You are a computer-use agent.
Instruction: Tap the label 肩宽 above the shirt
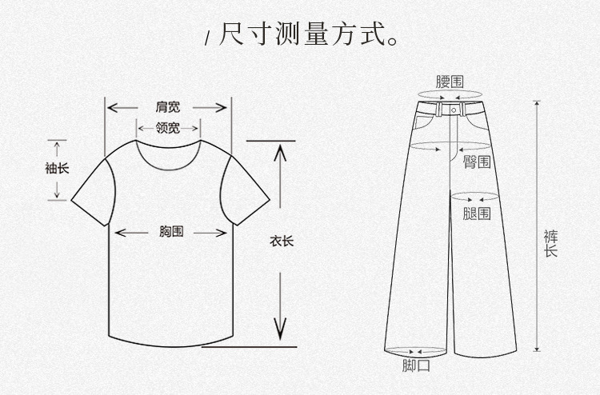[169, 107]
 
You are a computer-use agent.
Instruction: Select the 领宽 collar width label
[167, 128]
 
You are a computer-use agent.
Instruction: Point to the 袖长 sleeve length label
[58, 169]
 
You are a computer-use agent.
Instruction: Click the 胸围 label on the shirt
[170, 232]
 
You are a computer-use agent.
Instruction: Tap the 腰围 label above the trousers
[449, 82]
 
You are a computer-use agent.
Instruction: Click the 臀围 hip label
[477, 162]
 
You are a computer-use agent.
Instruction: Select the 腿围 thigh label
[477, 213]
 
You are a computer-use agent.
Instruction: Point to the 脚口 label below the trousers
[416, 366]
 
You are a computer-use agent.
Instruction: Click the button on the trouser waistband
[453, 107]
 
